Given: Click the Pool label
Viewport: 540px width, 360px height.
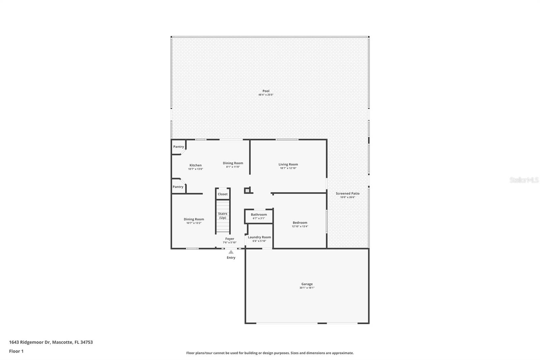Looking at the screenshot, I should [266, 91].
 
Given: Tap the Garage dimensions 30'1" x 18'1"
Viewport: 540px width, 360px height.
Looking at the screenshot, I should [307, 288].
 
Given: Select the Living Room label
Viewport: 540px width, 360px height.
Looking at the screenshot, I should [288, 164].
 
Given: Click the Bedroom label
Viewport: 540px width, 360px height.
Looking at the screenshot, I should [300, 223].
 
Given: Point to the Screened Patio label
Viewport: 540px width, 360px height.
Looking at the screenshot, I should [347, 194].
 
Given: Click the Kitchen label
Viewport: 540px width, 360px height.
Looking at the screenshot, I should [195, 165].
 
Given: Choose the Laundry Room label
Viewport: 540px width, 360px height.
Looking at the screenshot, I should [259, 237].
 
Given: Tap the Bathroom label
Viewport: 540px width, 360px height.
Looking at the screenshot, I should [259, 214].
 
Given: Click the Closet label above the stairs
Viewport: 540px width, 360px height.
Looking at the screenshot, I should [222, 194].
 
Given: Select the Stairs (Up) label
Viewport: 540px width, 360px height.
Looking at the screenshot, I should [222, 215].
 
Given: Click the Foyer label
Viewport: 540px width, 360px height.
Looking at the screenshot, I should [230, 239].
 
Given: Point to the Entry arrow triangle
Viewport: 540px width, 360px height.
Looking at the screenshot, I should [231, 252].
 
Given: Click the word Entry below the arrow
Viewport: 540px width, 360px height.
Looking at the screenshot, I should [231, 258].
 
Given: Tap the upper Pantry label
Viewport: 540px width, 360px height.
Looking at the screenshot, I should [179, 147].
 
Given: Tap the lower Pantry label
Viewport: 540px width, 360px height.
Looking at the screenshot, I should [178, 187].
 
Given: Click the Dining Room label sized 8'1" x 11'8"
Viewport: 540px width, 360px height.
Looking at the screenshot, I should [233, 163].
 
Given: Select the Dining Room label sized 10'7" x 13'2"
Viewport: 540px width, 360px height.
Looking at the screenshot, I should [194, 219].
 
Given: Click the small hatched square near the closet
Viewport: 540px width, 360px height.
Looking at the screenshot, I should [247, 191].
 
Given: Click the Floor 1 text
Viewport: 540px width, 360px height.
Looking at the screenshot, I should [16, 351].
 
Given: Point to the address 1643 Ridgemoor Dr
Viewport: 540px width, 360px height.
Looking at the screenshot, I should [30, 342].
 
